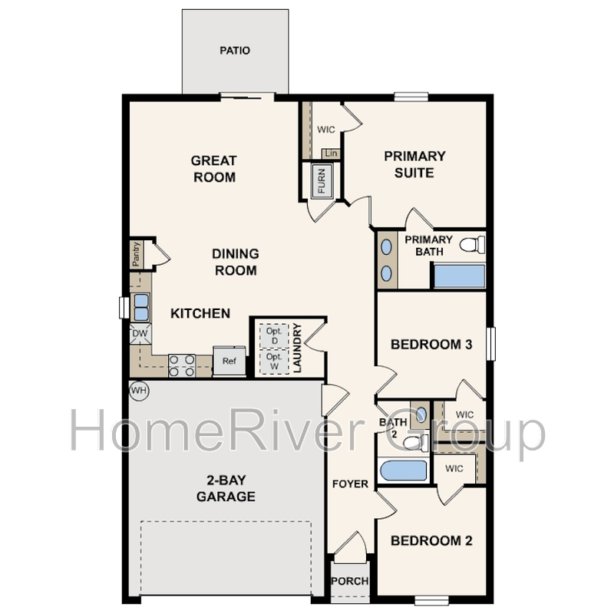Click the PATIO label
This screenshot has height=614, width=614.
pyautogui.click(x=235, y=51)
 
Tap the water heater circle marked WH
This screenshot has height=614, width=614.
pyautogui.click(x=139, y=391)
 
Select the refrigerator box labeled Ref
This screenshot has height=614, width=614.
pyautogui.click(x=229, y=361)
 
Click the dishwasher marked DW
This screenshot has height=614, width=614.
pyautogui.click(x=140, y=334)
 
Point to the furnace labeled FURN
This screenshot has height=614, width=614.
pyautogui.click(x=322, y=181)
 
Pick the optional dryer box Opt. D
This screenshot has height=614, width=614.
pyautogui.click(x=274, y=335)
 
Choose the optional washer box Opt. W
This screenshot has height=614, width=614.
pyautogui.click(x=274, y=361)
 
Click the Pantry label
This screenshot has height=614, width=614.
pyautogui.click(x=136, y=254)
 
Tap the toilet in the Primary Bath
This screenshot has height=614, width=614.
pyautogui.click(x=472, y=245)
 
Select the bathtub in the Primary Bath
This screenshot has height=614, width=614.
pyautogui.click(x=459, y=276)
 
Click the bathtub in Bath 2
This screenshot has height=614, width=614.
pyautogui.click(x=404, y=470)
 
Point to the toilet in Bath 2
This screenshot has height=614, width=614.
pyautogui.click(x=415, y=443)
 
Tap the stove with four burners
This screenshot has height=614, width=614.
pyautogui.click(x=182, y=366)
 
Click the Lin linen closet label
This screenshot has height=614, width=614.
pyautogui.click(x=332, y=153)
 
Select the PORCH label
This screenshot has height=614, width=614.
pyautogui.click(x=350, y=581)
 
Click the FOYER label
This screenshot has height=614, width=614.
pyautogui.click(x=350, y=484)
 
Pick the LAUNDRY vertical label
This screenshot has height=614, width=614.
pyautogui.click(x=298, y=348)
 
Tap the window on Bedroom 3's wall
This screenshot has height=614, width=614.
pyautogui.click(x=490, y=344)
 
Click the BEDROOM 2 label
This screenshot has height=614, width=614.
pyautogui.click(x=431, y=541)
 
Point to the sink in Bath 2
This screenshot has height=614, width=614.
pyautogui.click(x=421, y=414)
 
